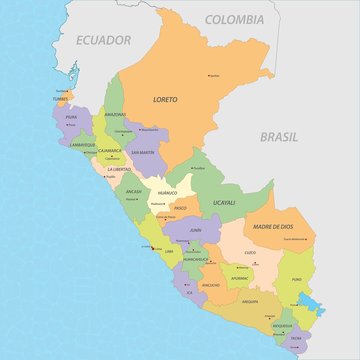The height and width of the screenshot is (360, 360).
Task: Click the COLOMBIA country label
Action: click(235, 19)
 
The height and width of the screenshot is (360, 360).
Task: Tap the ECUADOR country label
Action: click(104, 40)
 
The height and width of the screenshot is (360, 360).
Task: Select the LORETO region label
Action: click(164, 100)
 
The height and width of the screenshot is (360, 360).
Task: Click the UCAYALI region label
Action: click(225, 201)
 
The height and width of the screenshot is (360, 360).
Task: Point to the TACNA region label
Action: click(297, 339)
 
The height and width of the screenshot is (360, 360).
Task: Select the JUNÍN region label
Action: click(196, 230)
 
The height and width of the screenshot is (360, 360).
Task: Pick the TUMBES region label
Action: click(62, 98)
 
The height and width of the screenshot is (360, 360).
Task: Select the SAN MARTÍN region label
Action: click(142, 152)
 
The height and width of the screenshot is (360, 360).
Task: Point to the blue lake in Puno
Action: click(311, 303)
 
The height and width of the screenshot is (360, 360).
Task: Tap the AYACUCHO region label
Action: click(211, 285)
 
